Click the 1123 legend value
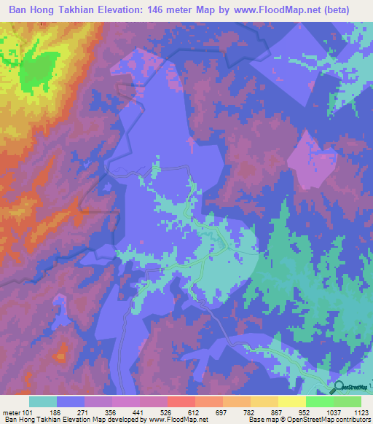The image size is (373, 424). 362,412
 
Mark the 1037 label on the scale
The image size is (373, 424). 333,412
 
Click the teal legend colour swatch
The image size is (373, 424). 43,401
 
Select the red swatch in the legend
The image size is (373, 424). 181,401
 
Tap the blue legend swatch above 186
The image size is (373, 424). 71,401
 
